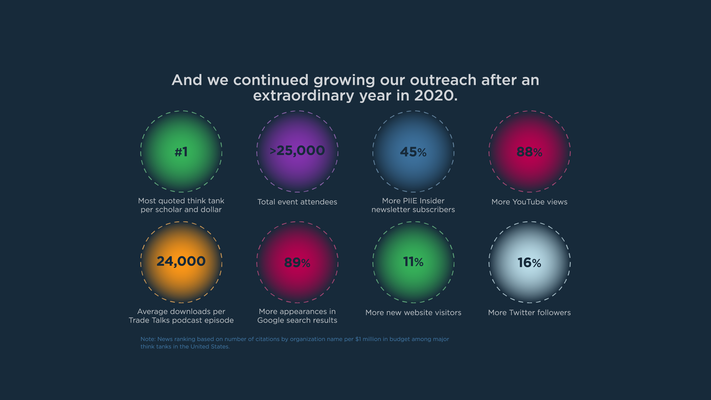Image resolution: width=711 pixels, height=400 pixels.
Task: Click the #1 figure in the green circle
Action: (x=181, y=152)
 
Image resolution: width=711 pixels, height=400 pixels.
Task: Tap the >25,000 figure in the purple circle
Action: (x=297, y=151)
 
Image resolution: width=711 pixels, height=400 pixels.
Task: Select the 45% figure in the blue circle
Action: (x=413, y=152)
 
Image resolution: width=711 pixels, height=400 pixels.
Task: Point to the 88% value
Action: (x=529, y=152)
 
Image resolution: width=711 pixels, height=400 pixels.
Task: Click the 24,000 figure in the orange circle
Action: (x=181, y=261)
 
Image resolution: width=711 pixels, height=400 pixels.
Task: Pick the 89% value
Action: (x=297, y=263)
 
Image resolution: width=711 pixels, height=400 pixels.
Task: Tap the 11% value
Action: (x=413, y=262)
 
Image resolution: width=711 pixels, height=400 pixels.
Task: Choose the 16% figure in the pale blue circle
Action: (x=529, y=263)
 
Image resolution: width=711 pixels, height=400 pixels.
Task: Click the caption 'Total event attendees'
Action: (x=297, y=202)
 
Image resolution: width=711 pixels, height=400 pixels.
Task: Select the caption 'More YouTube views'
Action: (x=529, y=202)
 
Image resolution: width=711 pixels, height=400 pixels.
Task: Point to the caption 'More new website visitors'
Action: (x=413, y=313)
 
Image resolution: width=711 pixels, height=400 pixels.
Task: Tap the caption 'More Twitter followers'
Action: (x=529, y=313)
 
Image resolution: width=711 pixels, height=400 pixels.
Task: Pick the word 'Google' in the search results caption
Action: (x=271, y=320)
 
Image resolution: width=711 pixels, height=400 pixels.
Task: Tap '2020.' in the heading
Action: (x=436, y=95)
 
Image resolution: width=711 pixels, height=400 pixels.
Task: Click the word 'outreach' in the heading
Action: (x=443, y=80)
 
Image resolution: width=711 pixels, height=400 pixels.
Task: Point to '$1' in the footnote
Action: (x=358, y=339)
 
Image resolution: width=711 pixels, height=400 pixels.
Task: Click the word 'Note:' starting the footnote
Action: (x=148, y=339)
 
